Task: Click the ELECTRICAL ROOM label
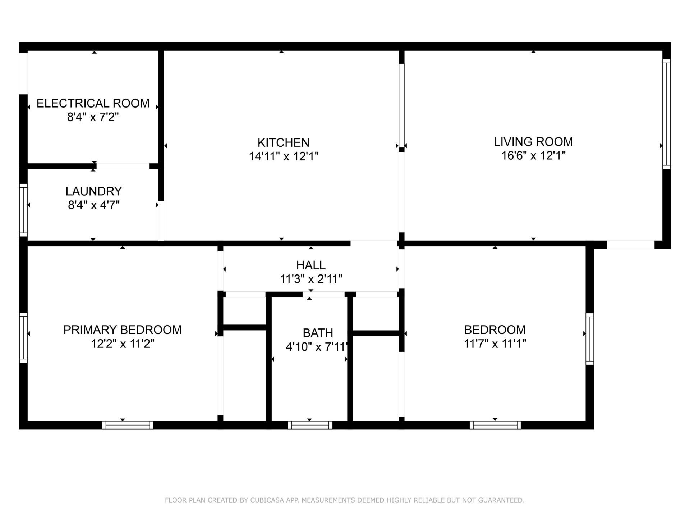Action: (93, 103)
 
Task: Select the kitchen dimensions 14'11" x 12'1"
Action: (284, 156)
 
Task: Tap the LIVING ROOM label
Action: (533, 142)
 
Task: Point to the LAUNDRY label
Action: (93, 191)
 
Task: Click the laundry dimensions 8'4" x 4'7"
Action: (93, 205)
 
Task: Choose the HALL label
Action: (311, 265)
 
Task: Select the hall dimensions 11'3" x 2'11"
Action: (311, 279)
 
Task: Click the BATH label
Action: (318, 333)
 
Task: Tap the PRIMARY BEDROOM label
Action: (122, 330)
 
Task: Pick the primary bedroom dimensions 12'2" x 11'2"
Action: (122, 344)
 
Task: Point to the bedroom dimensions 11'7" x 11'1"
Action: (495, 344)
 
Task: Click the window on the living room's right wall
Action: (666, 114)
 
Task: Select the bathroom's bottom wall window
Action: (310, 425)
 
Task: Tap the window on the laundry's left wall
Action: (23, 210)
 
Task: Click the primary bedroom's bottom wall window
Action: (128, 425)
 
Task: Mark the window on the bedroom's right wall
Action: (590, 338)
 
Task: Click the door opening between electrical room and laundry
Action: (123, 166)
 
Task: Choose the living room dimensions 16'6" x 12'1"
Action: (533, 156)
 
